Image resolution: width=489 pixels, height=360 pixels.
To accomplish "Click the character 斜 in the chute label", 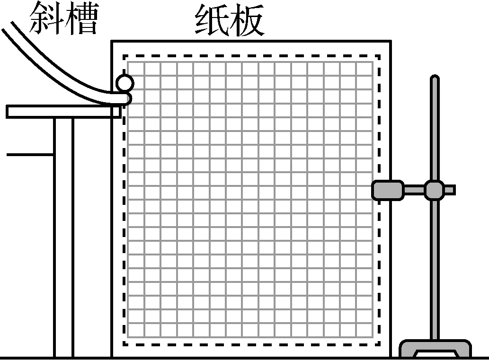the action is click(46, 19).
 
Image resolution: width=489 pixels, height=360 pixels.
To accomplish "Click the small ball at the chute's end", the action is click(125, 83).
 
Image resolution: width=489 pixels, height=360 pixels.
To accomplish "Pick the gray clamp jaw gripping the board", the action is click(388, 190).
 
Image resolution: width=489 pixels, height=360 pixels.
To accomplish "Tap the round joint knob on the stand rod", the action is click(434, 190).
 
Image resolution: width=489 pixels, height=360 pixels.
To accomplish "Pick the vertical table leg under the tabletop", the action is click(63, 237).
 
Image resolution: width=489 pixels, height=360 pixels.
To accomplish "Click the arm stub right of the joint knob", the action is click(450, 190).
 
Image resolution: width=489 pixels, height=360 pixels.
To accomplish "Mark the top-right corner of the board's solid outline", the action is click(391, 42).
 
